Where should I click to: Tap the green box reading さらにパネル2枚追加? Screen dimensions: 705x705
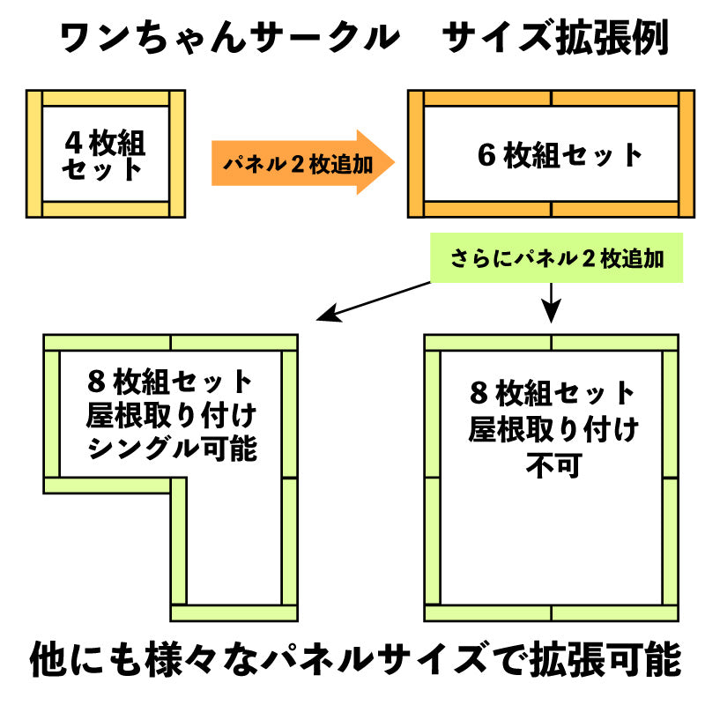[556, 258]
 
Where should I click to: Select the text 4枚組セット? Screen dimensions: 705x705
[105, 154]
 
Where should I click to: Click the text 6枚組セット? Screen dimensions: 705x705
[560, 155]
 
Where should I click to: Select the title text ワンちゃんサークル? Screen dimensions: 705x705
[227, 39]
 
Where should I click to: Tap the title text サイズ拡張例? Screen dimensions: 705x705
[554, 39]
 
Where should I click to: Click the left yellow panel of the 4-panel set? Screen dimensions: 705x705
[35, 154]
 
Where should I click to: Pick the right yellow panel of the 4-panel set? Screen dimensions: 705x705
[176, 154]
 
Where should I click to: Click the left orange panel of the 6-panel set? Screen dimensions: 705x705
[417, 154]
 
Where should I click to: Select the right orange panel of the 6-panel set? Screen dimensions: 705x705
[686, 154]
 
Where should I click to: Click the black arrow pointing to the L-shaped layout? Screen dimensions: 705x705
[370, 300]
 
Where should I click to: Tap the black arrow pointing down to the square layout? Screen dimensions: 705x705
[551, 304]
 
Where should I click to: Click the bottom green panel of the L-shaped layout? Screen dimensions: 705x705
[234, 613]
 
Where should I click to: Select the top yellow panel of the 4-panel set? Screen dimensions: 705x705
[105, 98]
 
